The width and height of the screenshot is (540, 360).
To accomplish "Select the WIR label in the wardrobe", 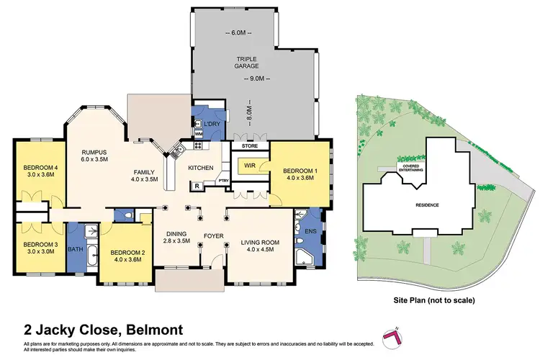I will (250, 165).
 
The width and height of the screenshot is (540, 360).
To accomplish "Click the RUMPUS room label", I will (94, 152).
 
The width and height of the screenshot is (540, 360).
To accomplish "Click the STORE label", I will (250, 145).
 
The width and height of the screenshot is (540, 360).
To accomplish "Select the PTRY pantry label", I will (223, 181).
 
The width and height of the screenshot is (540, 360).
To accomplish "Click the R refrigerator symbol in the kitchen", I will (197, 186).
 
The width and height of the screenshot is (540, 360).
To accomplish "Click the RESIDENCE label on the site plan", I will (428, 205).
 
